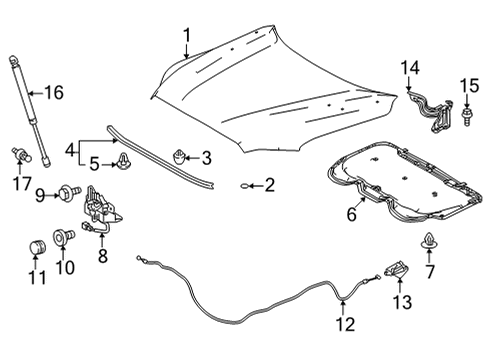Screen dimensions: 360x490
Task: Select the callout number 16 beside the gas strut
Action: (x=51, y=93)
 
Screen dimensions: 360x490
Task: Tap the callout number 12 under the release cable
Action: (x=343, y=324)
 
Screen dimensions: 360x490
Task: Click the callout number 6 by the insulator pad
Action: (x=351, y=213)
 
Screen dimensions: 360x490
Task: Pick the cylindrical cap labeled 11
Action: (x=34, y=246)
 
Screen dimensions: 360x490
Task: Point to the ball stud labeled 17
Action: (x=18, y=156)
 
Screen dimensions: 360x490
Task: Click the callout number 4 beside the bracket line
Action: (x=70, y=150)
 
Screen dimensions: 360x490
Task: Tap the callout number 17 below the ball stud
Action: (x=17, y=183)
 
